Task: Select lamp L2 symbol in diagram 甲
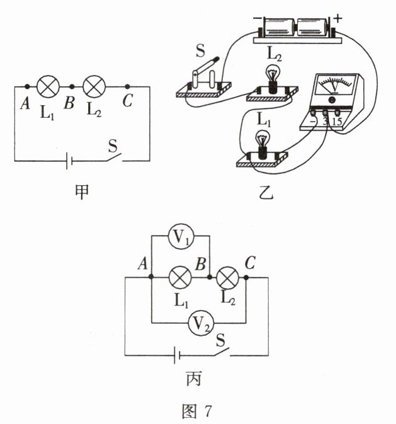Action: point(94,85)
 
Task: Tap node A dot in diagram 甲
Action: point(27,86)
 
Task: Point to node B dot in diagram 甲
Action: point(72,86)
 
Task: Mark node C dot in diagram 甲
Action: point(128,86)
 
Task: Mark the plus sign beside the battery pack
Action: point(338,19)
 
